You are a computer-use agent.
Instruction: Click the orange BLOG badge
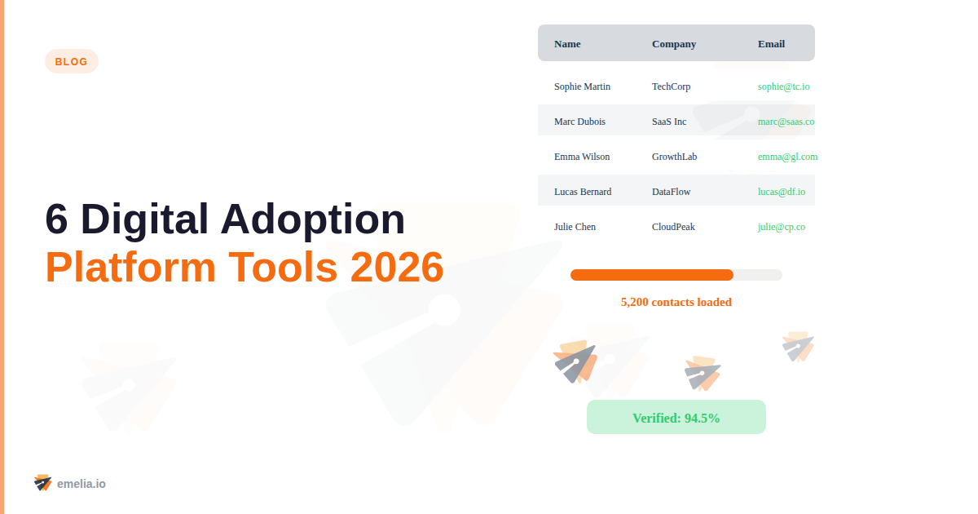click(72, 61)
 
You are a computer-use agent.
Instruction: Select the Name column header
click(567, 44)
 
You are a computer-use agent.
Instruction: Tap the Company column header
click(674, 44)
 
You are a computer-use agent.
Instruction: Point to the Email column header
click(771, 44)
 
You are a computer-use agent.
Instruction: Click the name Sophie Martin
click(582, 86)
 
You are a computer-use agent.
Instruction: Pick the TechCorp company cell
click(671, 86)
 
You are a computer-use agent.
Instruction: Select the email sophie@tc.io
click(783, 86)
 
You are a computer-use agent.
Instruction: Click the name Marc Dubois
click(579, 122)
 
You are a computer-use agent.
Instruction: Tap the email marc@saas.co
click(786, 122)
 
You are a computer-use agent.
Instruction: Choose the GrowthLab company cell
click(674, 157)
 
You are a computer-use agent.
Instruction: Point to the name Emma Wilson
click(582, 157)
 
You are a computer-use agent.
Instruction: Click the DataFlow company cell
click(671, 192)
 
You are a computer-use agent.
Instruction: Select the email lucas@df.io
click(781, 192)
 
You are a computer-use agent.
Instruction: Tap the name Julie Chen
click(575, 227)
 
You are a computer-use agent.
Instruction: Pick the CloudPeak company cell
click(673, 227)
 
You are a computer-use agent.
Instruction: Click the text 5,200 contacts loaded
click(676, 302)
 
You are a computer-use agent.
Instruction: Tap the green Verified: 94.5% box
click(676, 418)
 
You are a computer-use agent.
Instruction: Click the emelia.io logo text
click(81, 484)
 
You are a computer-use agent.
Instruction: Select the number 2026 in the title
click(397, 267)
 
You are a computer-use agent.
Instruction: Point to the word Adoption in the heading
click(313, 219)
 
